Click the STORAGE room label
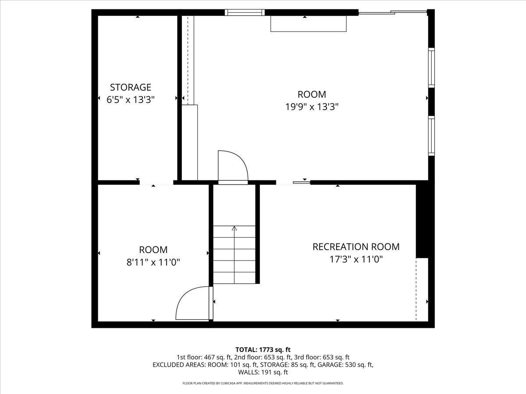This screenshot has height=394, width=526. tap(130, 87)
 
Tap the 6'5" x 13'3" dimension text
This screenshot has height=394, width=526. tap(130, 100)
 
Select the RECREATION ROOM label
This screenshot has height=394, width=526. tap(356, 246)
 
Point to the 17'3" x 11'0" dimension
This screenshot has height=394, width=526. tap(356, 259)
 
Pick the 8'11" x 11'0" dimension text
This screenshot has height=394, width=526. tap(153, 262)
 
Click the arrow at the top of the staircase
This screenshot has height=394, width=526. tap(234, 228)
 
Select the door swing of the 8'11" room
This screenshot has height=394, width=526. tap(193, 303)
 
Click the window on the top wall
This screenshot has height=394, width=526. tap(245, 12)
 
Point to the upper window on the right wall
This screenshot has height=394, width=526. tap(431, 68)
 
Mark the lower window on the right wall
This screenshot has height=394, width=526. tap(431, 136)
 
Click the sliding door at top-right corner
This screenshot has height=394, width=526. tap(392, 13)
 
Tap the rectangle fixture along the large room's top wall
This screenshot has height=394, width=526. tap(309, 24)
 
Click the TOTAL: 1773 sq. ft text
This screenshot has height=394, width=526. tap(263, 349)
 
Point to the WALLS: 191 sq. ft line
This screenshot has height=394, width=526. tap(263, 373)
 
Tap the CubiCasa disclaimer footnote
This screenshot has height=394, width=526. tap(263, 383)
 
